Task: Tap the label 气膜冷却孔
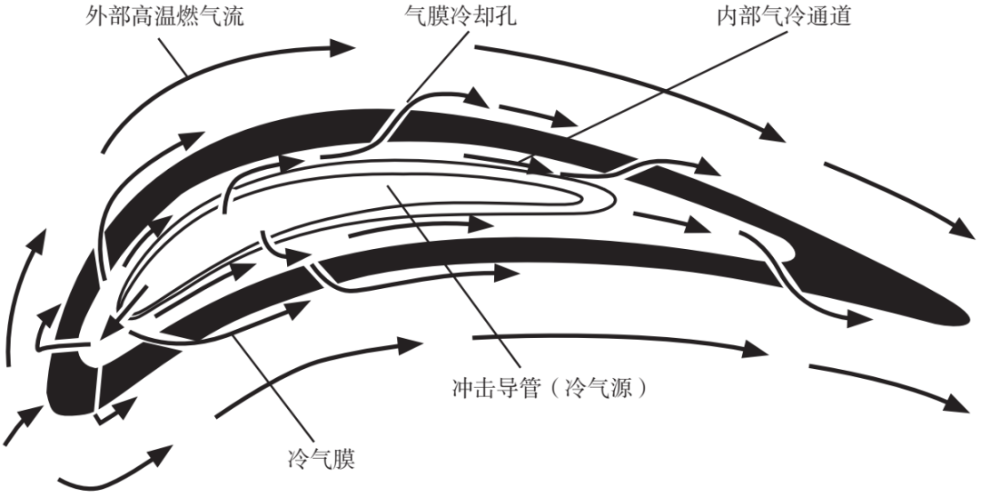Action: pyautogui.click(x=461, y=17)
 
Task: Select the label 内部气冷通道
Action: pyautogui.click(x=782, y=17)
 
